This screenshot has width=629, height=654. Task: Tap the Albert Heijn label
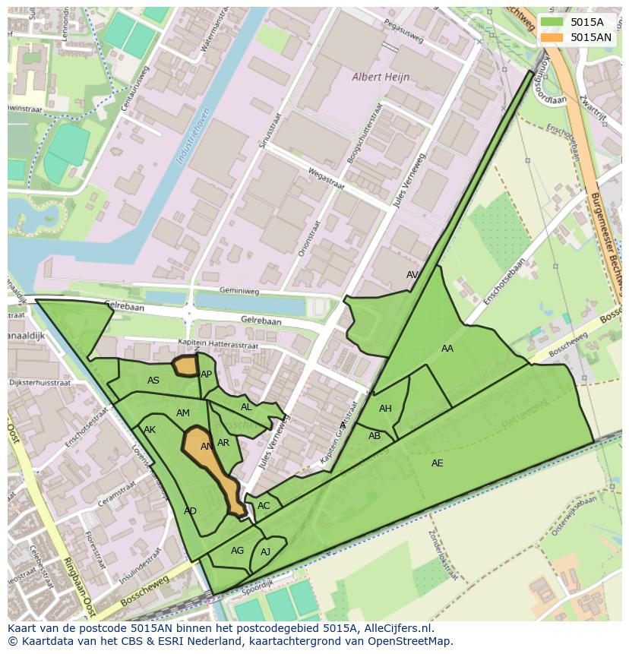[381, 77]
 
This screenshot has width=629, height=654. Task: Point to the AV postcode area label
[412, 275]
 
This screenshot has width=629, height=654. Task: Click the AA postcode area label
[447, 349]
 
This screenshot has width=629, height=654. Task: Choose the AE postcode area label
[437, 463]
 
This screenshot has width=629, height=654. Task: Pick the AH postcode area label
[385, 409]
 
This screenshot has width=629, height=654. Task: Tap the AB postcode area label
[375, 436]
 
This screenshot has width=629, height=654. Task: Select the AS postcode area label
[153, 381]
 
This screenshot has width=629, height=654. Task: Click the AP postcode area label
[206, 374]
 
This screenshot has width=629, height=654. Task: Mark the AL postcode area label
[246, 407]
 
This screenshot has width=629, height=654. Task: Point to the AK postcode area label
[150, 430]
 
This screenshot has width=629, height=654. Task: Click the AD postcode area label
[190, 511]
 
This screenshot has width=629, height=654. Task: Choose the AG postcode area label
[237, 551]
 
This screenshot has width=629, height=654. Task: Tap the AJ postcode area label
[265, 552]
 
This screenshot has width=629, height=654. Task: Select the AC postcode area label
[264, 506]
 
